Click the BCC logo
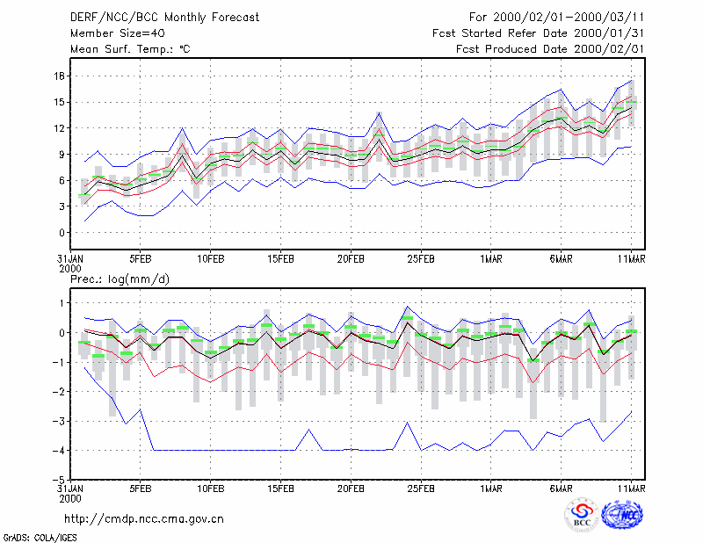point(582,516)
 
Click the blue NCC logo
point(622,515)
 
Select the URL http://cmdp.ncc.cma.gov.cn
point(144,519)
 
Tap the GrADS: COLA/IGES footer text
point(40,538)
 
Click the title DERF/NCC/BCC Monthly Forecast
point(164,18)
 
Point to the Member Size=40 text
point(118,33)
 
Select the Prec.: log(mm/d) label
point(120,279)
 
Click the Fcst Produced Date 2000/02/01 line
point(550,49)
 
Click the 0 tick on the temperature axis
point(62,233)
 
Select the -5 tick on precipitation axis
point(58,480)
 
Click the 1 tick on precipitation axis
point(62,303)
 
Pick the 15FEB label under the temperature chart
point(280,259)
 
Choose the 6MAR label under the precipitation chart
point(561,489)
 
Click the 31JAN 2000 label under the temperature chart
point(70,264)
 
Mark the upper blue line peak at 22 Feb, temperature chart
point(379,112)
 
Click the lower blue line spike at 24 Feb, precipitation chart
point(407,422)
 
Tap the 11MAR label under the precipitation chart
point(631,489)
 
